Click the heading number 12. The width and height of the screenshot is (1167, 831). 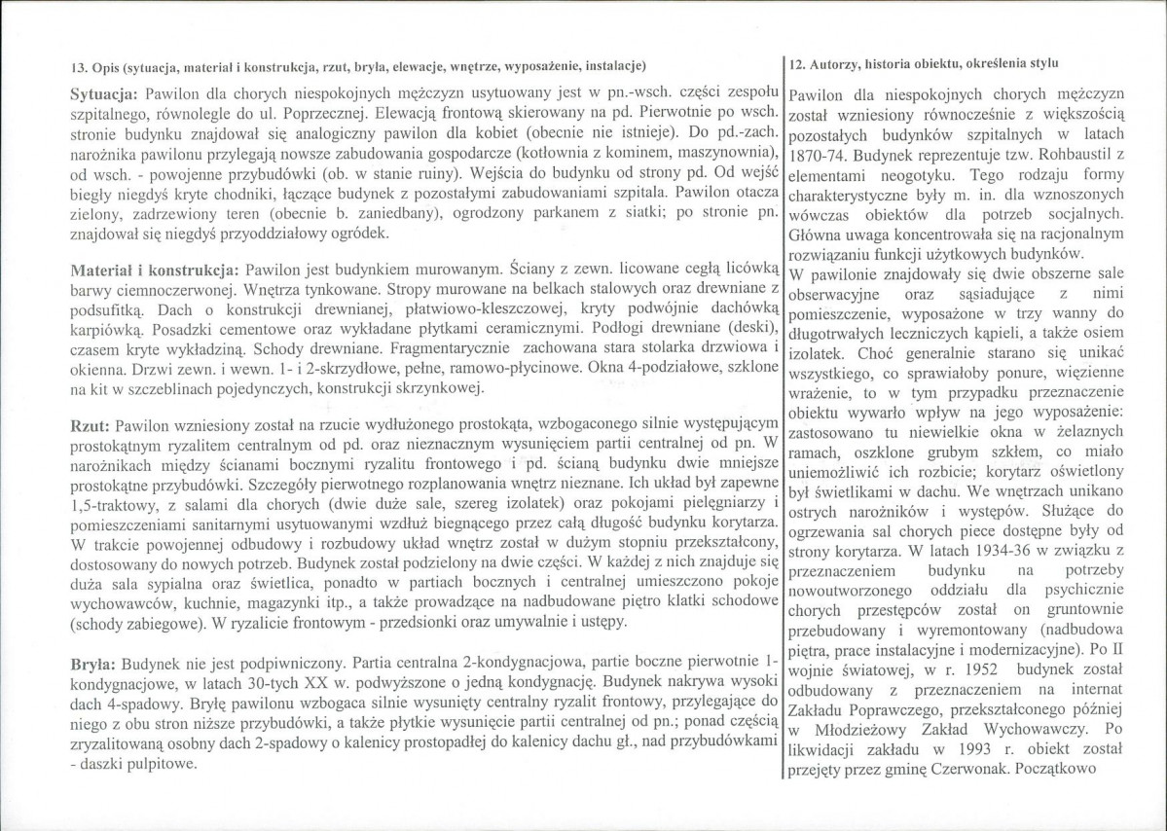tap(796, 64)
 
